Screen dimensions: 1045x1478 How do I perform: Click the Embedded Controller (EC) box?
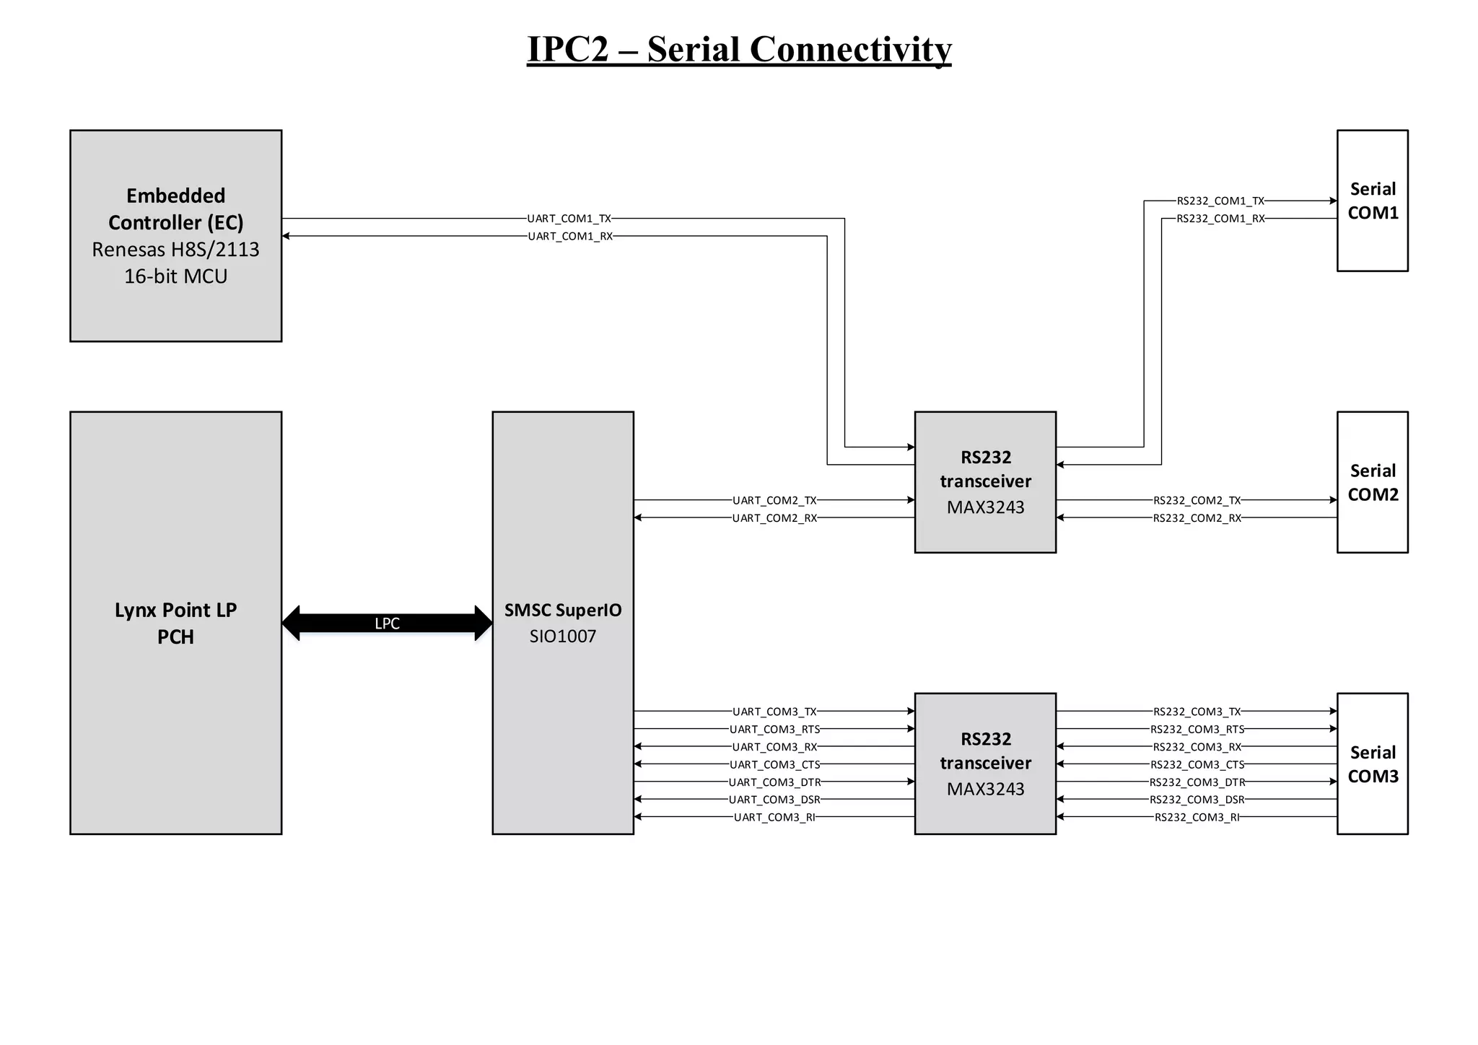pyautogui.click(x=175, y=235)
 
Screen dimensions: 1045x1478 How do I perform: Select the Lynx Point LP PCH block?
pyautogui.click(x=175, y=623)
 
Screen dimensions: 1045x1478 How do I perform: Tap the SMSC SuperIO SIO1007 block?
pyautogui.click(x=562, y=623)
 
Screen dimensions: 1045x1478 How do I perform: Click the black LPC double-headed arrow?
pyautogui.click(x=387, y=624)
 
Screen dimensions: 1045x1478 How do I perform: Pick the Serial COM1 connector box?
pyautogui.click(x=1372, y=201)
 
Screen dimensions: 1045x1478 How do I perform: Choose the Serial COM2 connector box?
pyautogui.click(x=1372, y=482)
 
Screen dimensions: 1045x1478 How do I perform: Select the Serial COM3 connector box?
pyautogui.click(x=1372, y=764)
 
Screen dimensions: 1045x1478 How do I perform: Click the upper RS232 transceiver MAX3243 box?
pyautogui.click(x=985, y=482)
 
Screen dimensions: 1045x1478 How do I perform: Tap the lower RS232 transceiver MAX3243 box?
pyautogui.click(x=985, y=764)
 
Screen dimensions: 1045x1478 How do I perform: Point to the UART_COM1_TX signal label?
pyautogui.click(x=569, y=219)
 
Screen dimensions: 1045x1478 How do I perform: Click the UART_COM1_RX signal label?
pyautogui.click(x=570, y=237)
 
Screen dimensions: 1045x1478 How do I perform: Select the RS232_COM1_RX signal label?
pyautogui.click(x=1220, y=219)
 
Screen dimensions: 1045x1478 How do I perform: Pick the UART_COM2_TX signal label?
pyautogui.click(x=774, y=500)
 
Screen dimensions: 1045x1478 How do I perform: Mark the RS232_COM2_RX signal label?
pyautogui.click(x=1197, y=518)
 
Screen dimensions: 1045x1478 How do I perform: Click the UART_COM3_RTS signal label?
pyautogui.click(x=774, y=730)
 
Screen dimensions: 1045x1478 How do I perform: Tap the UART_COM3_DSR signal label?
pyautogui.click(x=774, y=800)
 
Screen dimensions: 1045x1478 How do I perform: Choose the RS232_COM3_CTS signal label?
pyautogui.click(x=1197, y=765)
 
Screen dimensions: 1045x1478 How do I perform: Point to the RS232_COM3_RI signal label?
pyautogui.click(x=1197, y=818)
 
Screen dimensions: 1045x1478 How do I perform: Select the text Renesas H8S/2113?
pyautogui.click(x=175, y=250)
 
